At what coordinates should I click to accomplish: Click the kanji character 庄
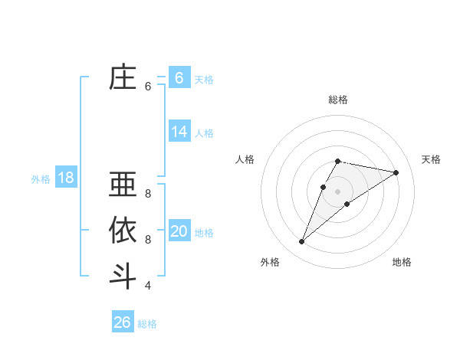(123, 78)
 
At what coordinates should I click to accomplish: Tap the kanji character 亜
(123, 185)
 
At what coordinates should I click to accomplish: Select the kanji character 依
(123, 231)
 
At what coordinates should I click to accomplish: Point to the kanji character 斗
(123, 276)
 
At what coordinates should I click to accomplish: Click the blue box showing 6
(179, 77)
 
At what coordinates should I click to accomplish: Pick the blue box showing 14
(179, 132)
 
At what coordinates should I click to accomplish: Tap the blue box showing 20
(179, 231)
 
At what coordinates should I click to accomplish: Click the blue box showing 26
(122, 322)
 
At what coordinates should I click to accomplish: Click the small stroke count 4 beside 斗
(148, 286)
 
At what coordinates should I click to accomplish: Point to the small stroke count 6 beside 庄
(148, 87)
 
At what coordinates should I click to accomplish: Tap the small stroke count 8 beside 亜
(148, 194)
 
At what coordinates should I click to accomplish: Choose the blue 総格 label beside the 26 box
(147, 324)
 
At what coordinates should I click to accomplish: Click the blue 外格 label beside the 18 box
(41, 179)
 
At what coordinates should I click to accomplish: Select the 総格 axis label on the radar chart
(338, 100)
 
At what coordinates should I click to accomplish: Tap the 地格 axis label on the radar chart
(402, 262)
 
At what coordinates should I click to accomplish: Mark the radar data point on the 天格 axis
(396, 172)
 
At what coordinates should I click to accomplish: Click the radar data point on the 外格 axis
(301, 242)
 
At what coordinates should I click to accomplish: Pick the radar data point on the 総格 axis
(338, 161)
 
